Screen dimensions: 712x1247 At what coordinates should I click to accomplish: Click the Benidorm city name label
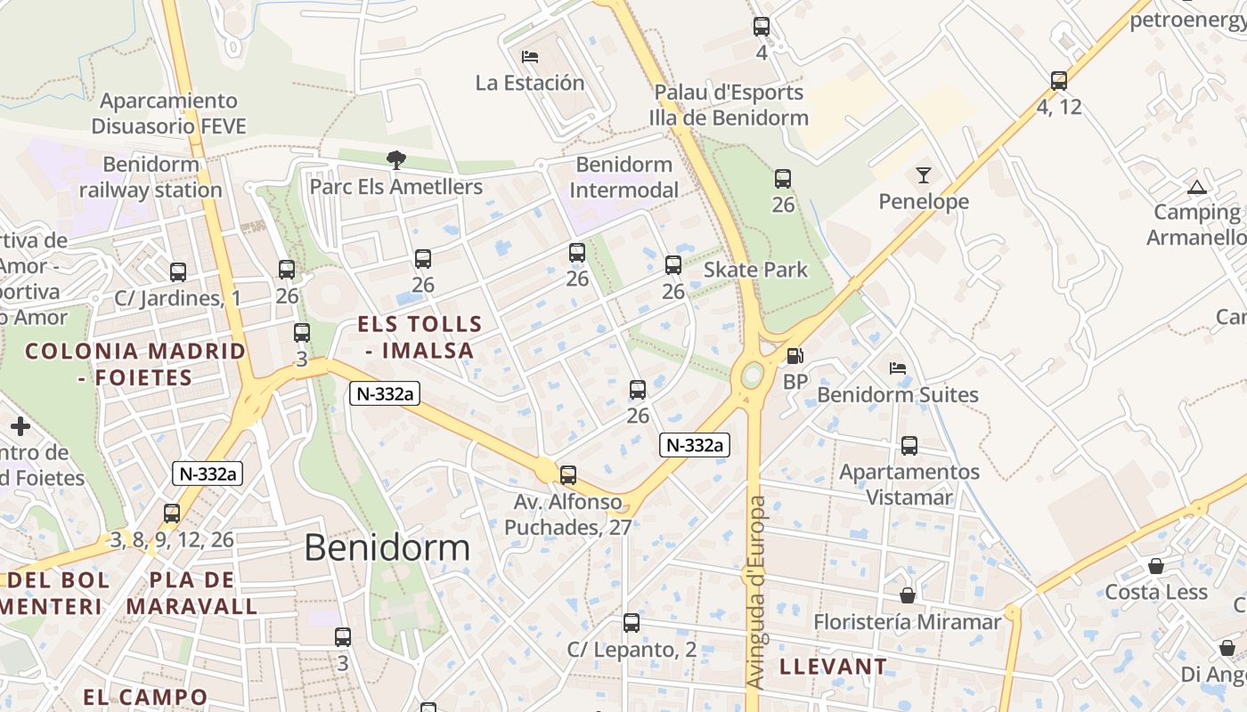[387, 547]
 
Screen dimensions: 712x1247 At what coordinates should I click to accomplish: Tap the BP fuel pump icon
[795, 357]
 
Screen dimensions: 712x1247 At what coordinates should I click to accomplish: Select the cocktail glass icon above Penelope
[923, 175]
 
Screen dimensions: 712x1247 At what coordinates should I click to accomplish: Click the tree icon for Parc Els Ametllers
[395, 160]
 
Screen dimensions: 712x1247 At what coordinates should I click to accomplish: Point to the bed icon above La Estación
[530, 57]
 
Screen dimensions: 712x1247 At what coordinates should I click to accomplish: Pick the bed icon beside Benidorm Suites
[898, 368]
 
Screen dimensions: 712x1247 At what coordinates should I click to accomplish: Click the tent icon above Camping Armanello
[1196, 187]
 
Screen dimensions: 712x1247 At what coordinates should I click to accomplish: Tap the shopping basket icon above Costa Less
[1155, 566]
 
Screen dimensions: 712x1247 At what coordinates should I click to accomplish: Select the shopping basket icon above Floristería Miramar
[908, 595]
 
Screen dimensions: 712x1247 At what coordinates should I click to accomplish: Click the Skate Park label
[755, 270]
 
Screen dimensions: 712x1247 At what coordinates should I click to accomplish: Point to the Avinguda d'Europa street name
[756, 592]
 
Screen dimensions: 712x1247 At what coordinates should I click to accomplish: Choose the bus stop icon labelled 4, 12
[1058, 81]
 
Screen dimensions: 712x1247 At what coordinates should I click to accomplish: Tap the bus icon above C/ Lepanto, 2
[632, 623]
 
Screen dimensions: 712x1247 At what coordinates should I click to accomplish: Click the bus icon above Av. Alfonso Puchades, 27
[568, 475]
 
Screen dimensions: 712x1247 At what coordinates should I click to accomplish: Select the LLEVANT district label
[833, 666]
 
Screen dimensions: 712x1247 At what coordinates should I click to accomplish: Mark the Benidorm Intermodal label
[623, 177]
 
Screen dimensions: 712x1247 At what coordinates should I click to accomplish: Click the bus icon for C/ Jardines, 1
[178, 272]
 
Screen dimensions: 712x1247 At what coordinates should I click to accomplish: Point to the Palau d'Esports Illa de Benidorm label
[729, 105]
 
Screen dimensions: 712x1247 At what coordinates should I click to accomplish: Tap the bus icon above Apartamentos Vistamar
[909, 446]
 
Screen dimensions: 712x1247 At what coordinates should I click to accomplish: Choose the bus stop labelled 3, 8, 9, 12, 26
[172, 514]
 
